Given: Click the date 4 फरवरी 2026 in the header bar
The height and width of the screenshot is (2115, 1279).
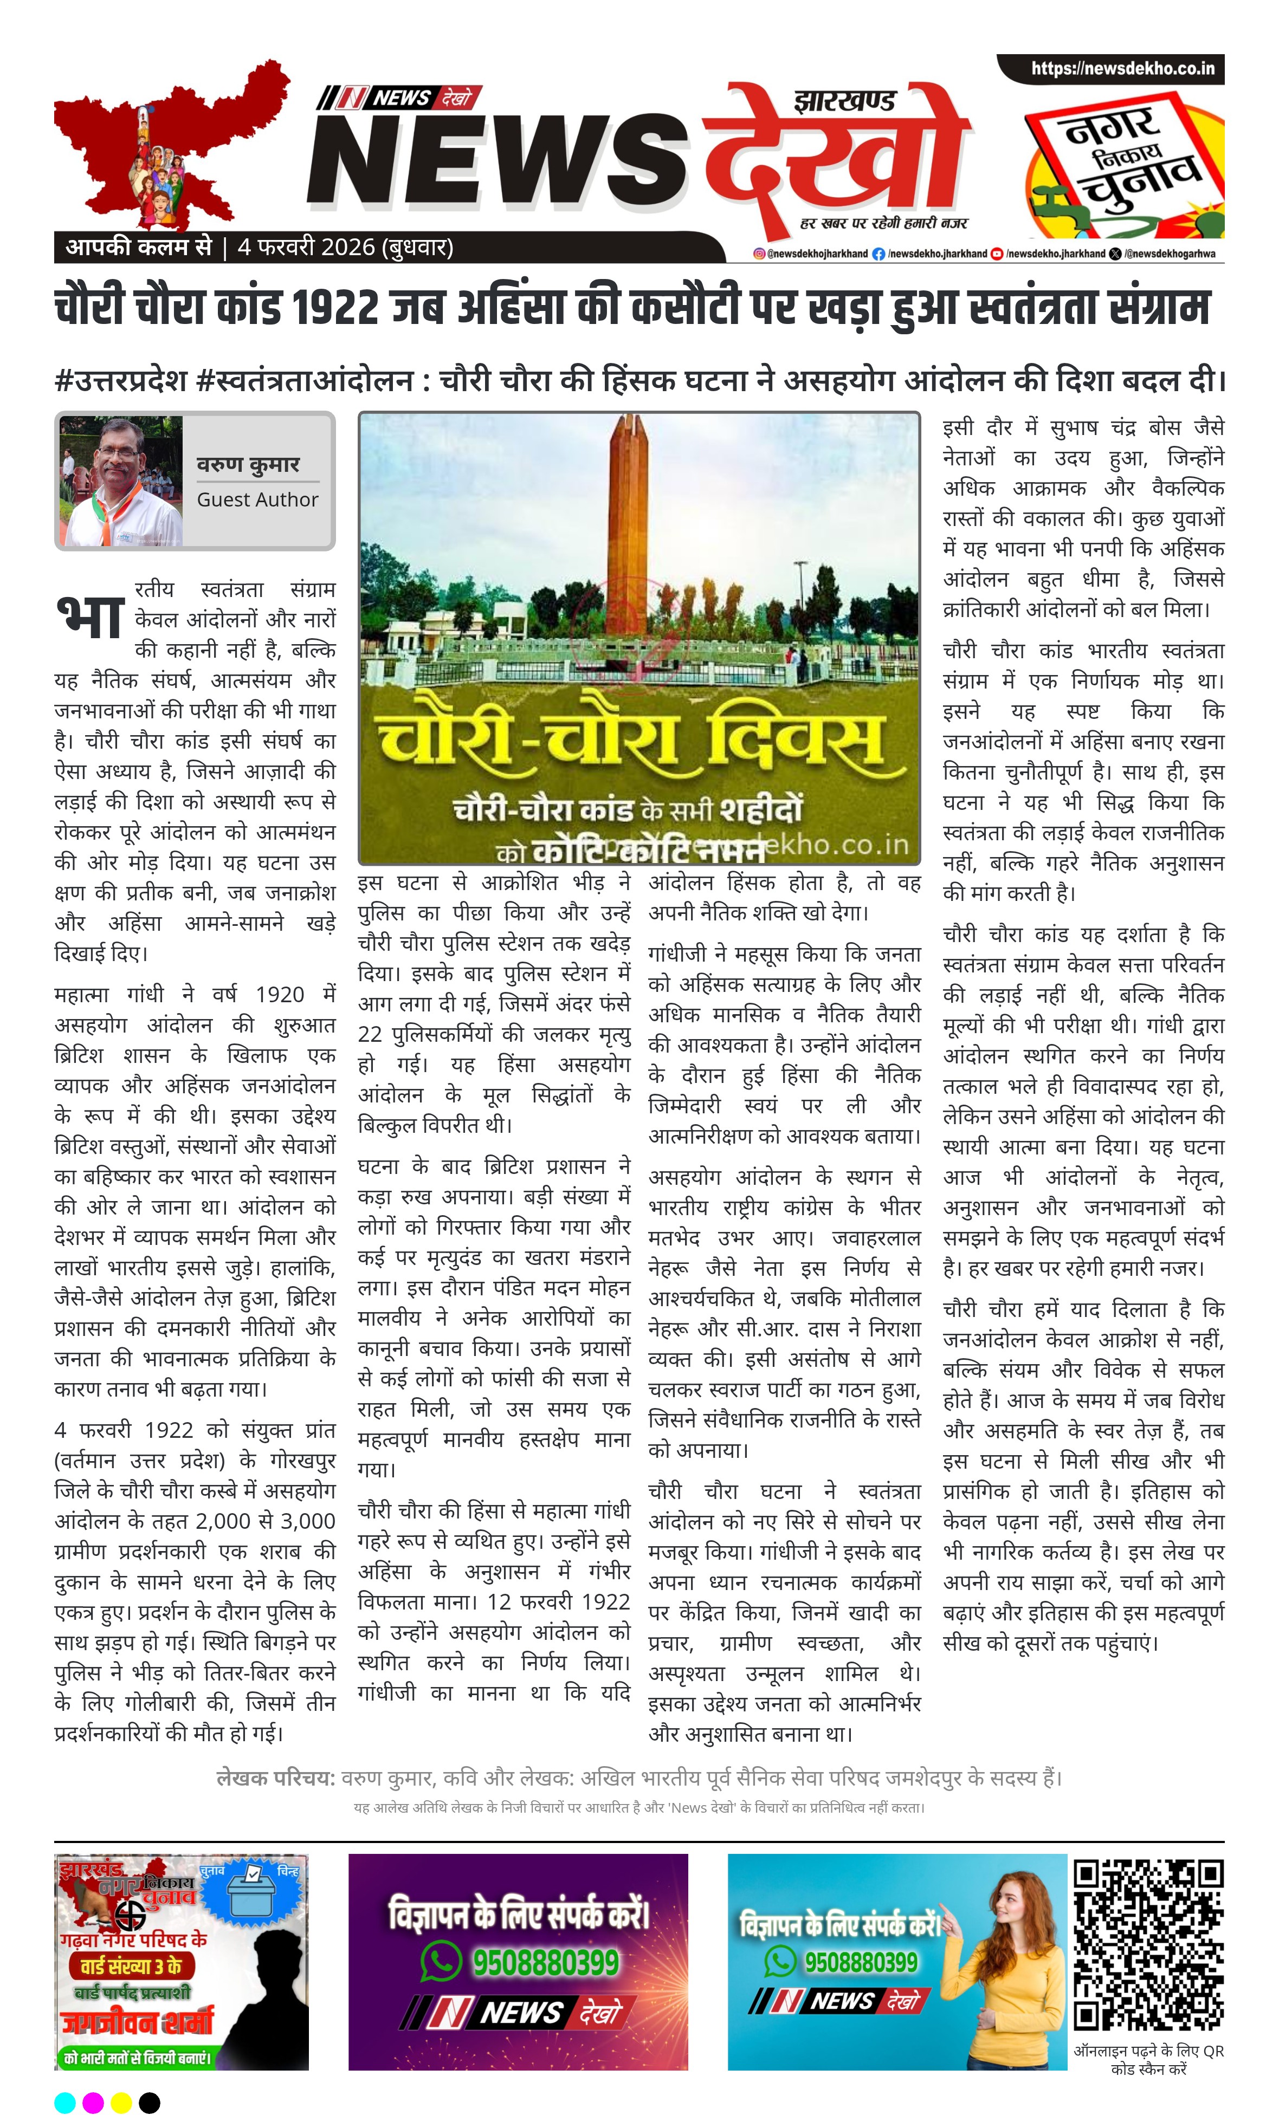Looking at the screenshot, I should pos(306,247).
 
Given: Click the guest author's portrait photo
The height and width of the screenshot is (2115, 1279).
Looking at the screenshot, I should pos(121,482).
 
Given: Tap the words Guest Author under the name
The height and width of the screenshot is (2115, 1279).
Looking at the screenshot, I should pos(257,499).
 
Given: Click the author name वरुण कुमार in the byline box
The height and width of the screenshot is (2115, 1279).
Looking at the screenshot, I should pos(248,464).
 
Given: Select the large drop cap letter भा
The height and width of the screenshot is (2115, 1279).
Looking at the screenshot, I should pos(89,617).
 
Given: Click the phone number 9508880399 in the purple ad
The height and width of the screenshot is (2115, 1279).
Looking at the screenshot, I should pos(545,1962).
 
